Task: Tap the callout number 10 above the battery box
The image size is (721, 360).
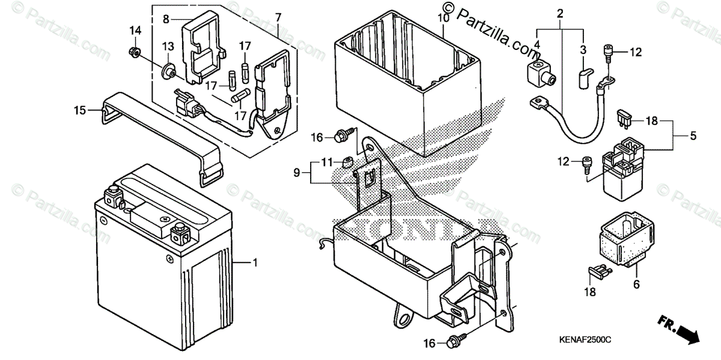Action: point(443,19)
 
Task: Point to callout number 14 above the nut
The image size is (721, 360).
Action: point(135,30)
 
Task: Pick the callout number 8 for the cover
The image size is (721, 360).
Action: point(166,19)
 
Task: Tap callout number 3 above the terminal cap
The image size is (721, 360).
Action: point(582,49)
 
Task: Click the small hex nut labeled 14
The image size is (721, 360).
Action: point(135,53)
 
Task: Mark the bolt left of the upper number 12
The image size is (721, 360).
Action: point(609,53)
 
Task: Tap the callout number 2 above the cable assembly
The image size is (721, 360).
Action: point(560,13)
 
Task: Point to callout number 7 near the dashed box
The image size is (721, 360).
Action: point(278,17)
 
